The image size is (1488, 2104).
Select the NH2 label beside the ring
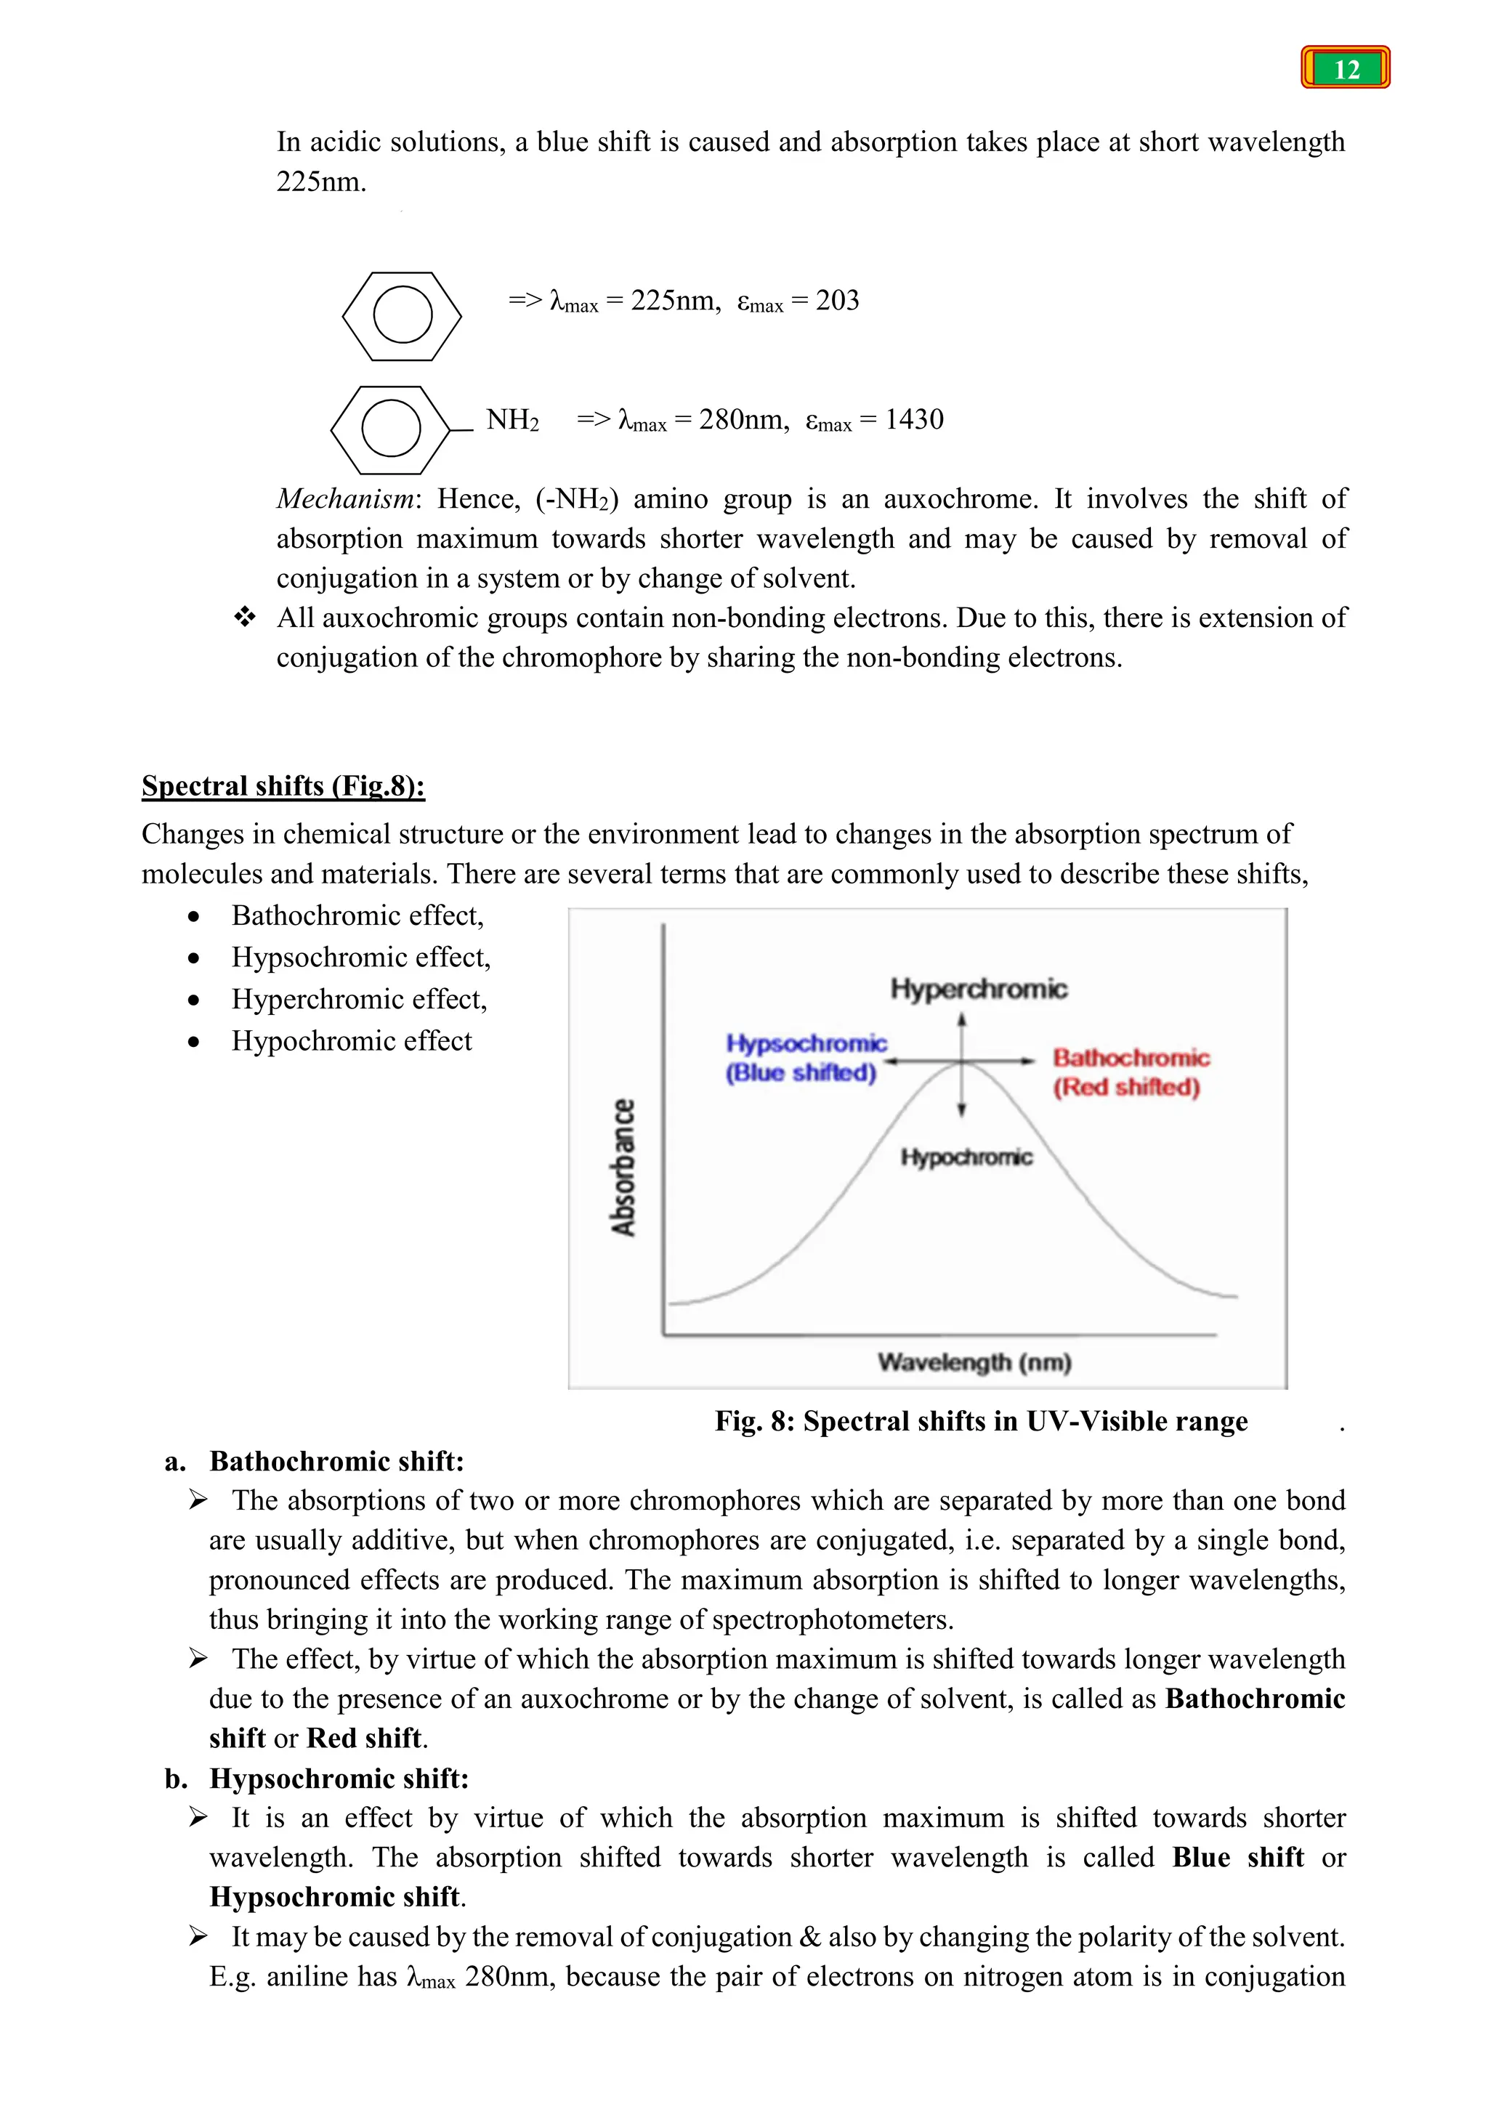[512, 420]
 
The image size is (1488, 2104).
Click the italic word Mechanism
[345, 498]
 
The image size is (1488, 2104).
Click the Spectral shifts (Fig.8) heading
[283, 785]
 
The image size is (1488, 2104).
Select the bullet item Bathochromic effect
[357, 915]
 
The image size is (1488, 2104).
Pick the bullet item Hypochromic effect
[351, 1041]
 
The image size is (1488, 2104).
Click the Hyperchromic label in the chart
[979, 989]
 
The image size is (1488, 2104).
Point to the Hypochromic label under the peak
[966, 1157]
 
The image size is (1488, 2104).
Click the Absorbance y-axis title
[624, 1167]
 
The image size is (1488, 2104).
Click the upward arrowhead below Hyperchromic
[961, 1019]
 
